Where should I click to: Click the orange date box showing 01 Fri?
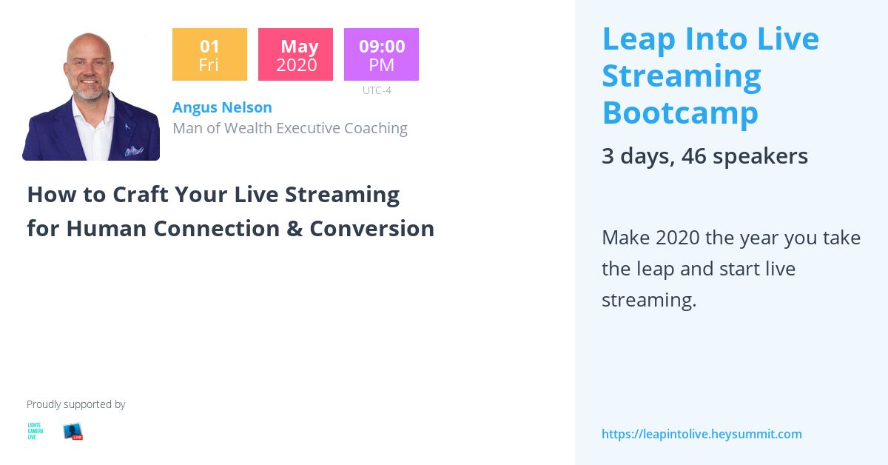(x=209, y=55)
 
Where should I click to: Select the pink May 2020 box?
(x=295, y=55)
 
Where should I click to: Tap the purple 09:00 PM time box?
(x=381, y=55)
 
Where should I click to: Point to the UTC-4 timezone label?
(x=377, y=90)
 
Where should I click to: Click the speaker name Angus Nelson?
(x=222, y=107)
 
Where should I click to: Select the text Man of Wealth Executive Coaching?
(x=289, y=128)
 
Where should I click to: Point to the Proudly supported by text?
(x=75, y=404)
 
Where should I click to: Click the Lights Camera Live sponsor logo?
(x=35, y=432)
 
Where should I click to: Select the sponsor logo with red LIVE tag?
(x=73, y=432)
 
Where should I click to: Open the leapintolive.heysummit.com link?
(x=702, y=434)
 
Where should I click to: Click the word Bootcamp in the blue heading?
(x=680, y=113)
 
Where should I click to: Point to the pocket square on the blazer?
(x=134, y=151)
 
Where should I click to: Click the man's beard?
(x=90, y=93)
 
